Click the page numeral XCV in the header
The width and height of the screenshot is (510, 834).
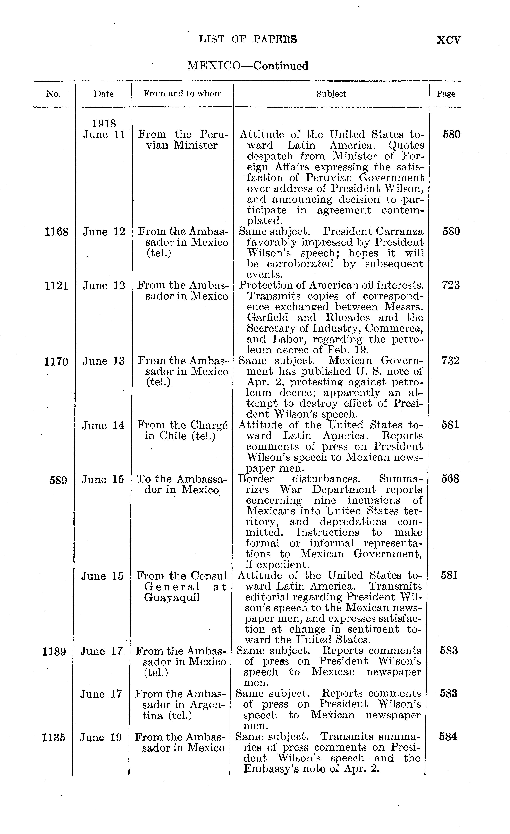(448, 40)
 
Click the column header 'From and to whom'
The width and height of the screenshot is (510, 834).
(183, 94)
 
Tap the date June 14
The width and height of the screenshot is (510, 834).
(103, 425)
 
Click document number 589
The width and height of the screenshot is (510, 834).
(58, 480)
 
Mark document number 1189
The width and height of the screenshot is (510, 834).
(54, 651)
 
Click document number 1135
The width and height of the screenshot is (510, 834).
(53, 737)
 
